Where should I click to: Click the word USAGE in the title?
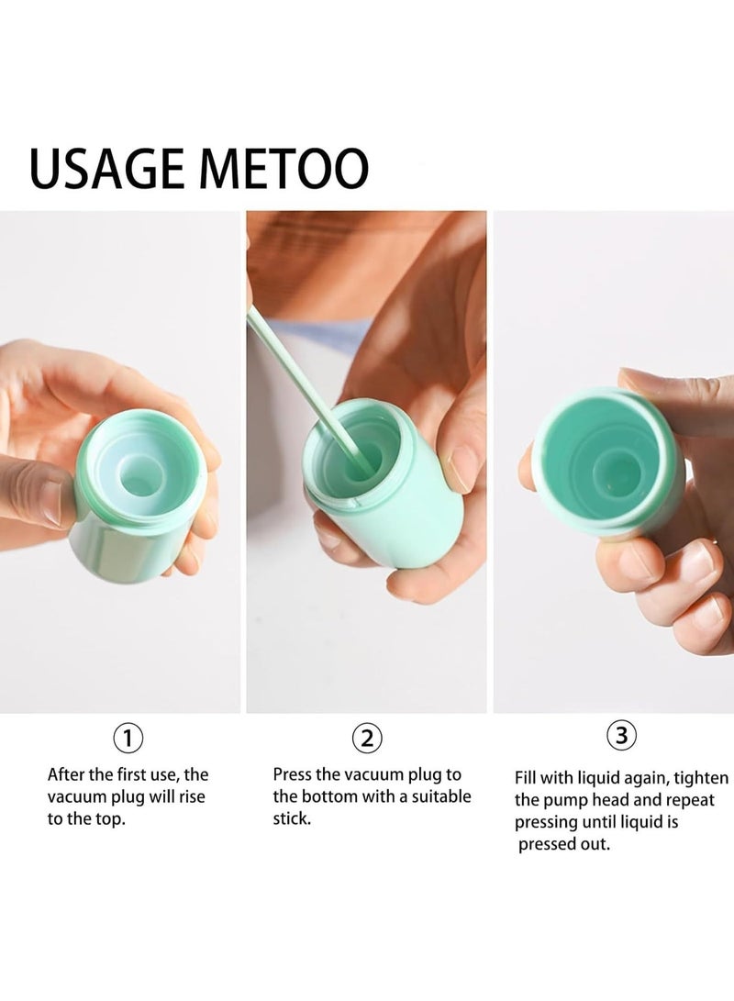point(106,168)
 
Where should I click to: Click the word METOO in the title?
point(284,168)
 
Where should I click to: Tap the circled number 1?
point(128,739)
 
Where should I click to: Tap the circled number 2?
point(367,739)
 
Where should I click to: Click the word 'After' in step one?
point(66,774)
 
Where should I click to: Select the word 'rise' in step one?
point(192,796)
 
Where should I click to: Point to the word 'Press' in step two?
point(293,774)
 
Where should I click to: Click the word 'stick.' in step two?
point(292,819)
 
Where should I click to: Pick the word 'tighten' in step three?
point(702,778)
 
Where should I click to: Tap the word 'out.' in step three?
point(593,845)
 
